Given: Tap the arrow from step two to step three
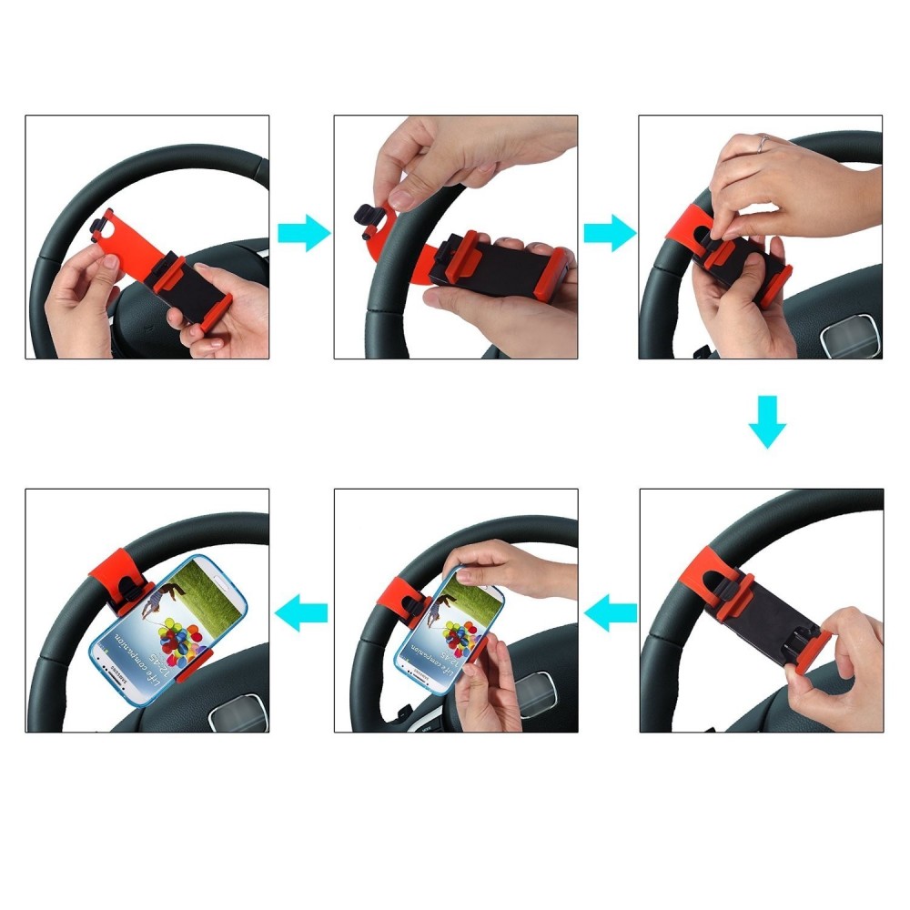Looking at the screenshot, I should click(609, 233).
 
